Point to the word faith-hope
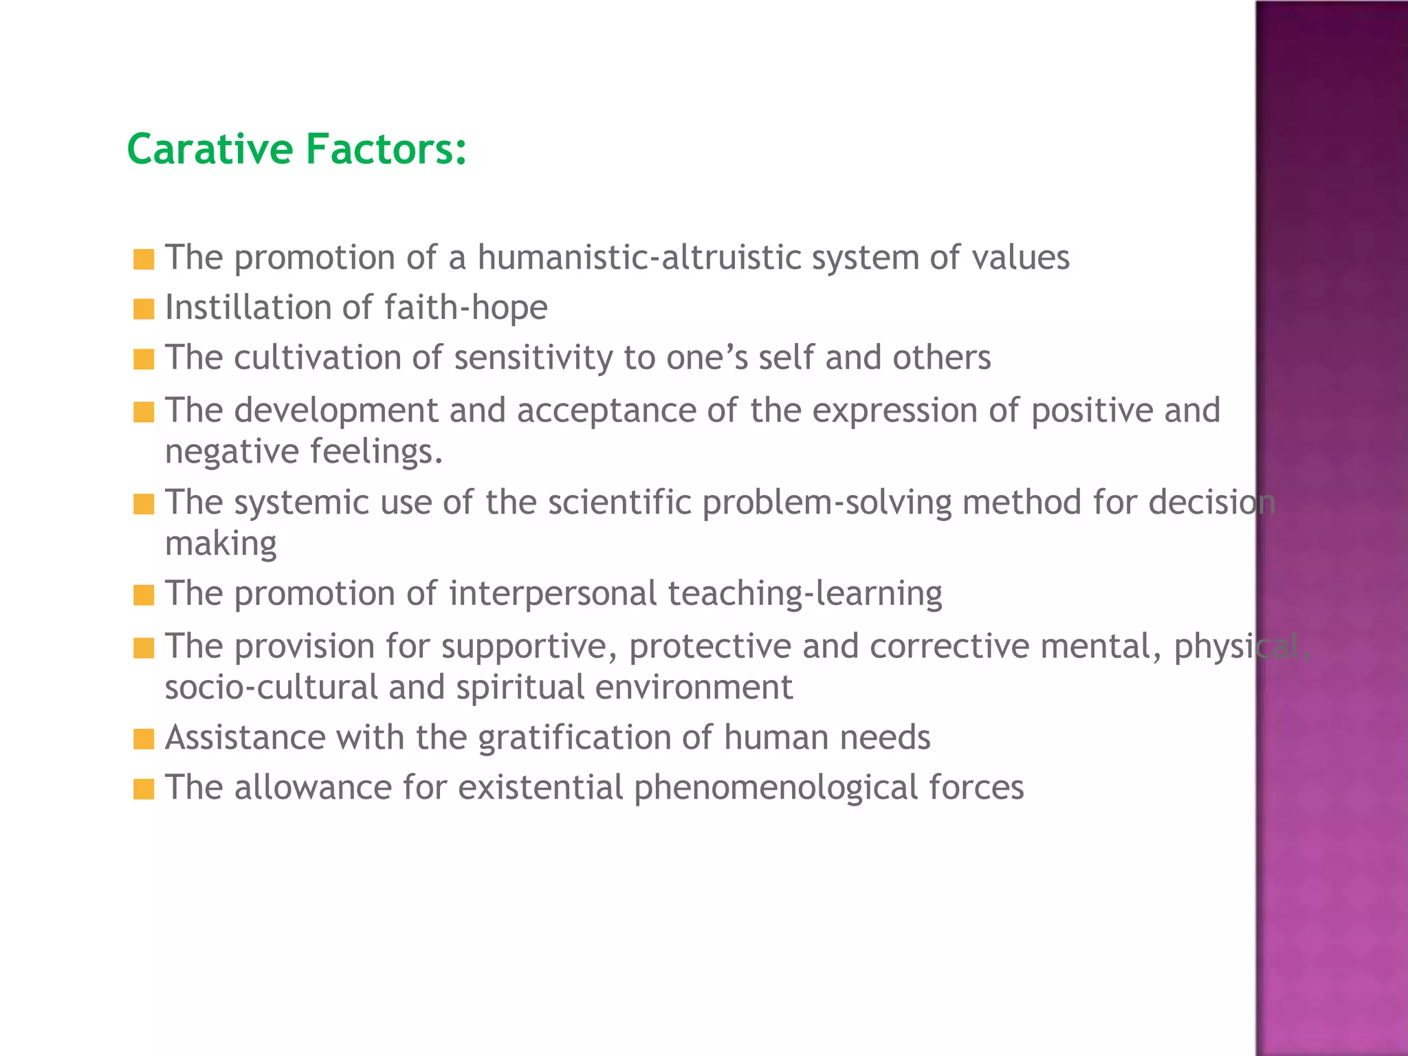coord(465,307)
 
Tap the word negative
coord(232,452)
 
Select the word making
coord(221,544)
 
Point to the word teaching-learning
coord(804,594)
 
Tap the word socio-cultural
coord(271,687)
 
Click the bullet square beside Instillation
coord(144,309)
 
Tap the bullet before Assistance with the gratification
coord(144,740)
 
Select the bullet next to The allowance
coord(144,789)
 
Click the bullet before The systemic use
coord(144,504)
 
